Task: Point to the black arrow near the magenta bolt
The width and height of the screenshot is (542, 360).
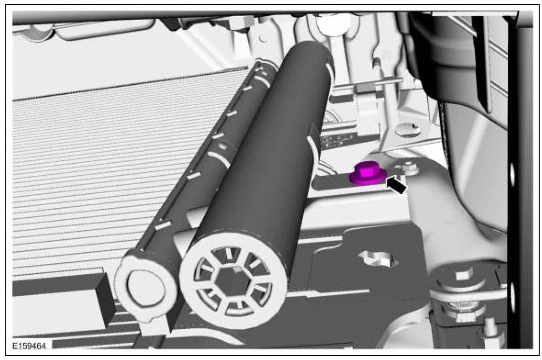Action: click(397, 185)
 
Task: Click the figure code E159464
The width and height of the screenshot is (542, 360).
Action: click(29, 346)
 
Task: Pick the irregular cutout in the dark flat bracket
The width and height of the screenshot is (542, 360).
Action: click(379, 258)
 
